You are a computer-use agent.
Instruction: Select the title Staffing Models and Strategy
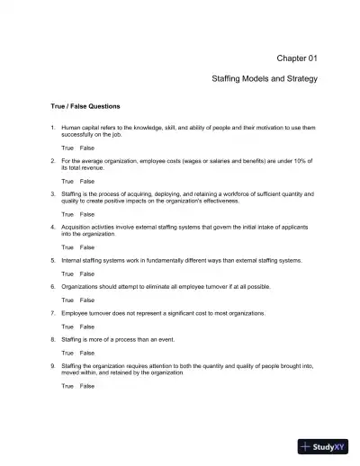click(x=265, y=79)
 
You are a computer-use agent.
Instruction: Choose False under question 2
click(x=87, y=181)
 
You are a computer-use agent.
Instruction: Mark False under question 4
click(x=87, y=246)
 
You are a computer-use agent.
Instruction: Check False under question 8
click(x=87, y=353)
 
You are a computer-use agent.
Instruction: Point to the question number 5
click(x=52, y=260)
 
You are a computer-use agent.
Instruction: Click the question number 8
click(x=52, y=339)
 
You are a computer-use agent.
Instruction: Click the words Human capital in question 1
click(x=78, y=129)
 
